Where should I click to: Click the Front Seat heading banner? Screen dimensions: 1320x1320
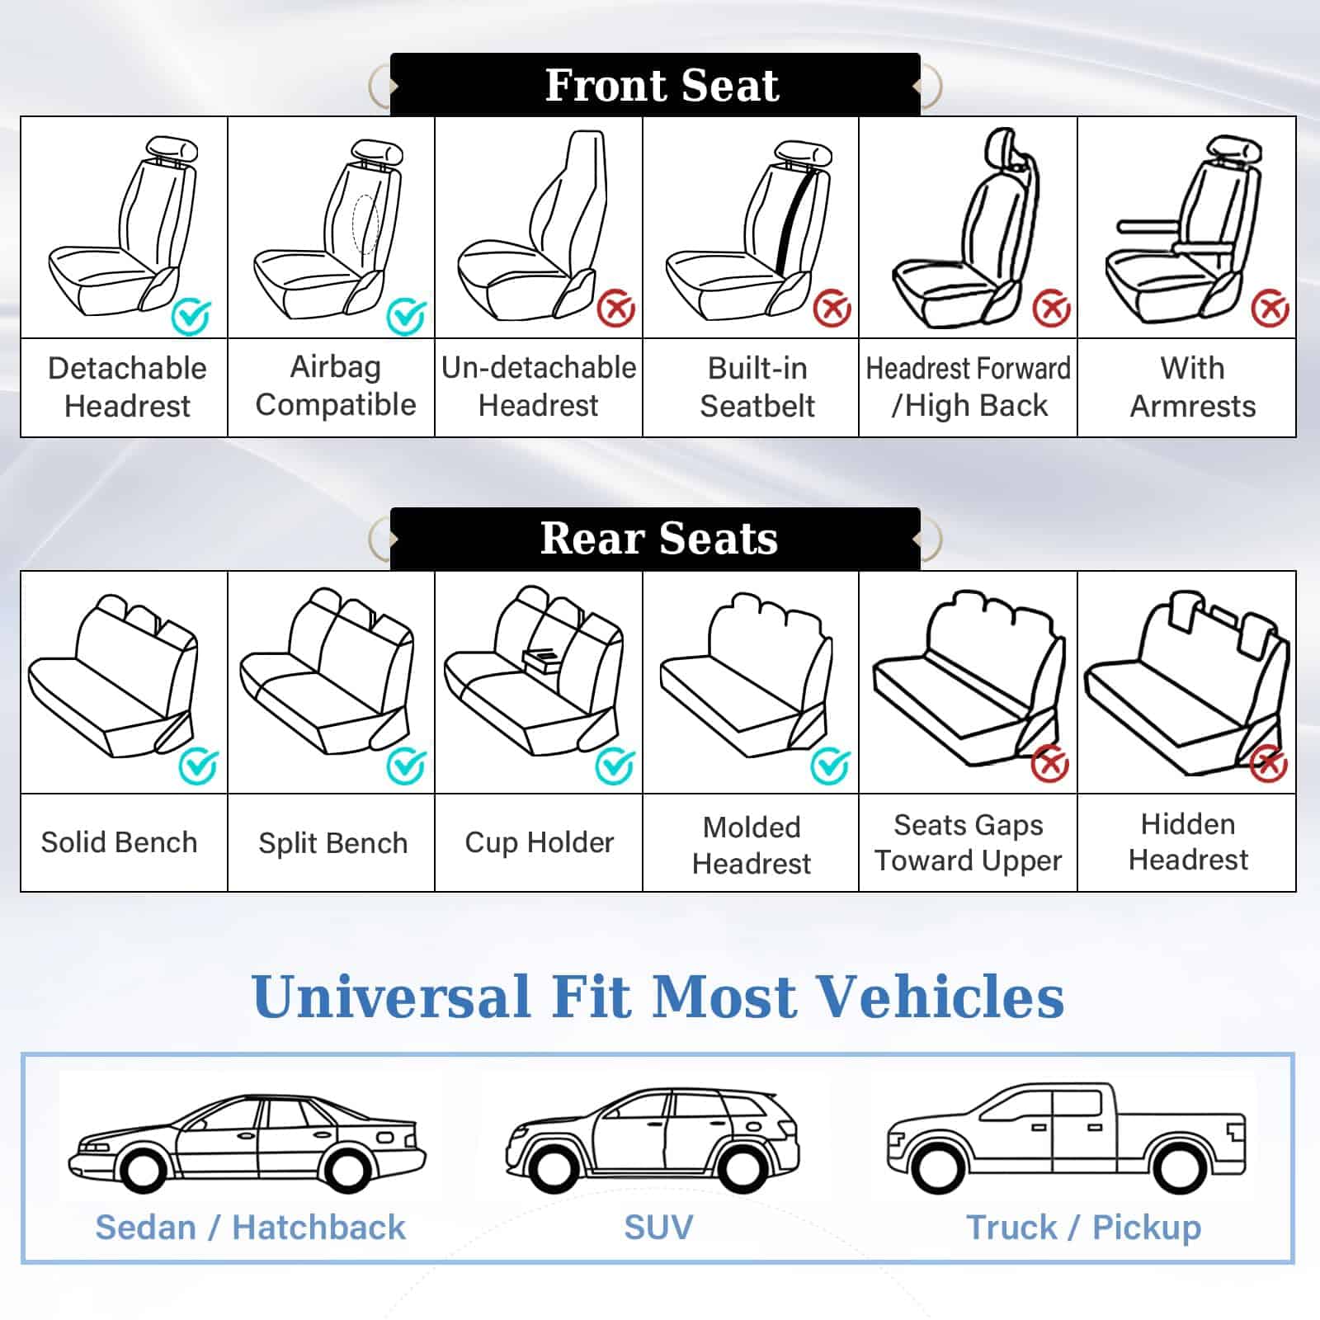click(x=655, y=84)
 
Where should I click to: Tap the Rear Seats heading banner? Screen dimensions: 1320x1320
click(x=655, y=539)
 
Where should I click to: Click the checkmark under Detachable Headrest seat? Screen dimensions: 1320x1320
click(x=191, y=316)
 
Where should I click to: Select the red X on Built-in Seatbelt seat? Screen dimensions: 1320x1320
click(x=832, y=309)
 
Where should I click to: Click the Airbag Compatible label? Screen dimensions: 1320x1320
click(x=336, y=386)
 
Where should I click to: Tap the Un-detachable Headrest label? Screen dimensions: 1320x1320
click(x=539, y=386)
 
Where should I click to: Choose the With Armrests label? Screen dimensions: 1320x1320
click(x=1193, y=387)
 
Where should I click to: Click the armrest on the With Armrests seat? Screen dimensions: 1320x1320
click(x=1151, y=225)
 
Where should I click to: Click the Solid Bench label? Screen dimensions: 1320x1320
click(x=120, y=842)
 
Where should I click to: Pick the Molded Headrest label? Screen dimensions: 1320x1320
click(x=752, y=845)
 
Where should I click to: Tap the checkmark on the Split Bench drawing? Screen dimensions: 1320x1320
click(x=407, y=766)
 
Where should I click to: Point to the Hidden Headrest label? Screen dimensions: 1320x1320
click(x=1188, y=841)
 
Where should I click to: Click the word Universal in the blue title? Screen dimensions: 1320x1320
click(x=391, y=996)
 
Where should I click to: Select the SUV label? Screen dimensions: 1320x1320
click(x=658, y=1227)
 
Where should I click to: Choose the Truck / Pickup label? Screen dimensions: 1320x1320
click(x=1083, y=1228)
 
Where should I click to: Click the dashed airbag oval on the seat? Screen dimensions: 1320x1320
click(x=365, y=224)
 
